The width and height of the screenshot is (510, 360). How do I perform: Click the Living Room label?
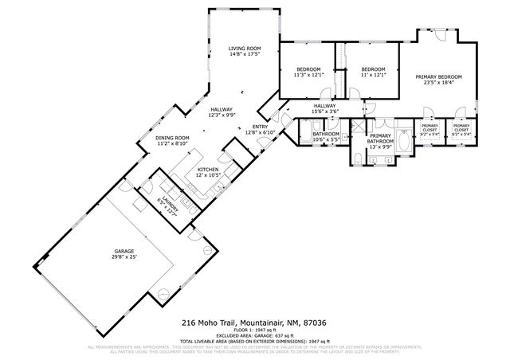pos(244,49)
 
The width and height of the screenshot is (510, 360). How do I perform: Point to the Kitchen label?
pos(208,170)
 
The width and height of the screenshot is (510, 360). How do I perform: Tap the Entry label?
pos(260,127)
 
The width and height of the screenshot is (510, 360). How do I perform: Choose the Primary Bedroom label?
pos(439,76)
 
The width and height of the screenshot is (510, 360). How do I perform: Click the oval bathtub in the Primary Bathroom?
pos(405,143)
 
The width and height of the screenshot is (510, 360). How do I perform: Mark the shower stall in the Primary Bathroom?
pos(359,129)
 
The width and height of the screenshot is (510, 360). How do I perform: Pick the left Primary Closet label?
pos(430,127)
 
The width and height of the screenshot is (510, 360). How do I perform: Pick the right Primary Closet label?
pos(461,127)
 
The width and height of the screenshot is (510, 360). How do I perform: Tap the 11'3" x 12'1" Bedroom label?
pos(309,69)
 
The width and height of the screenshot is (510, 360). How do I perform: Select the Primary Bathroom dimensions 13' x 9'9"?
pos(380,146)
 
